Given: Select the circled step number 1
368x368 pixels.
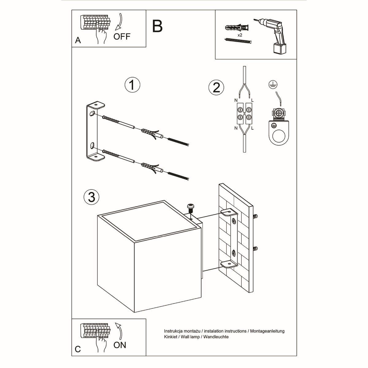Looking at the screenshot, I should coord(132,85).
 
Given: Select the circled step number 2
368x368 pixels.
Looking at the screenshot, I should coord(216,87).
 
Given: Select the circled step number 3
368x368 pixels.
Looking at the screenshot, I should coord(91,197).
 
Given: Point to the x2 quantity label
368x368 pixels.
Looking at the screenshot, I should coord(240,36).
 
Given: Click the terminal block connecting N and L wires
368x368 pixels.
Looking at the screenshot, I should coord(244,113).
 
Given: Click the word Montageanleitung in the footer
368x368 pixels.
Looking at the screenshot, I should coord(267,331).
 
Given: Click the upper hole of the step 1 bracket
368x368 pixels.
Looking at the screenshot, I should coord(92,114).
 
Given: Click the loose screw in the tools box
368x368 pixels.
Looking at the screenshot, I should coord(238,41).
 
